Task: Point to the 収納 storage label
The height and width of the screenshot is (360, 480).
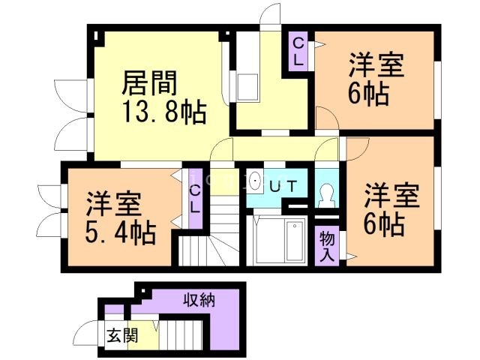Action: coord(201,301)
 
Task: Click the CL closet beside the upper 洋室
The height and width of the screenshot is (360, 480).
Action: coord(298,52)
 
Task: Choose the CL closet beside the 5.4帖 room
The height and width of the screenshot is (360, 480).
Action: coord(194,198)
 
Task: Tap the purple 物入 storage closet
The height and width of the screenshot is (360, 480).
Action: coord(327,244)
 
